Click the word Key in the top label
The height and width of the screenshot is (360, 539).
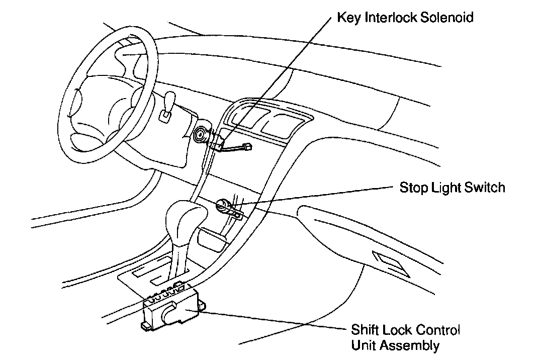[x=347, y=18]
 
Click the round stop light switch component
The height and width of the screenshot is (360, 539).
[x=224, y=205]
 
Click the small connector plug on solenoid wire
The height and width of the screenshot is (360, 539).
[x=247, y=148]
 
